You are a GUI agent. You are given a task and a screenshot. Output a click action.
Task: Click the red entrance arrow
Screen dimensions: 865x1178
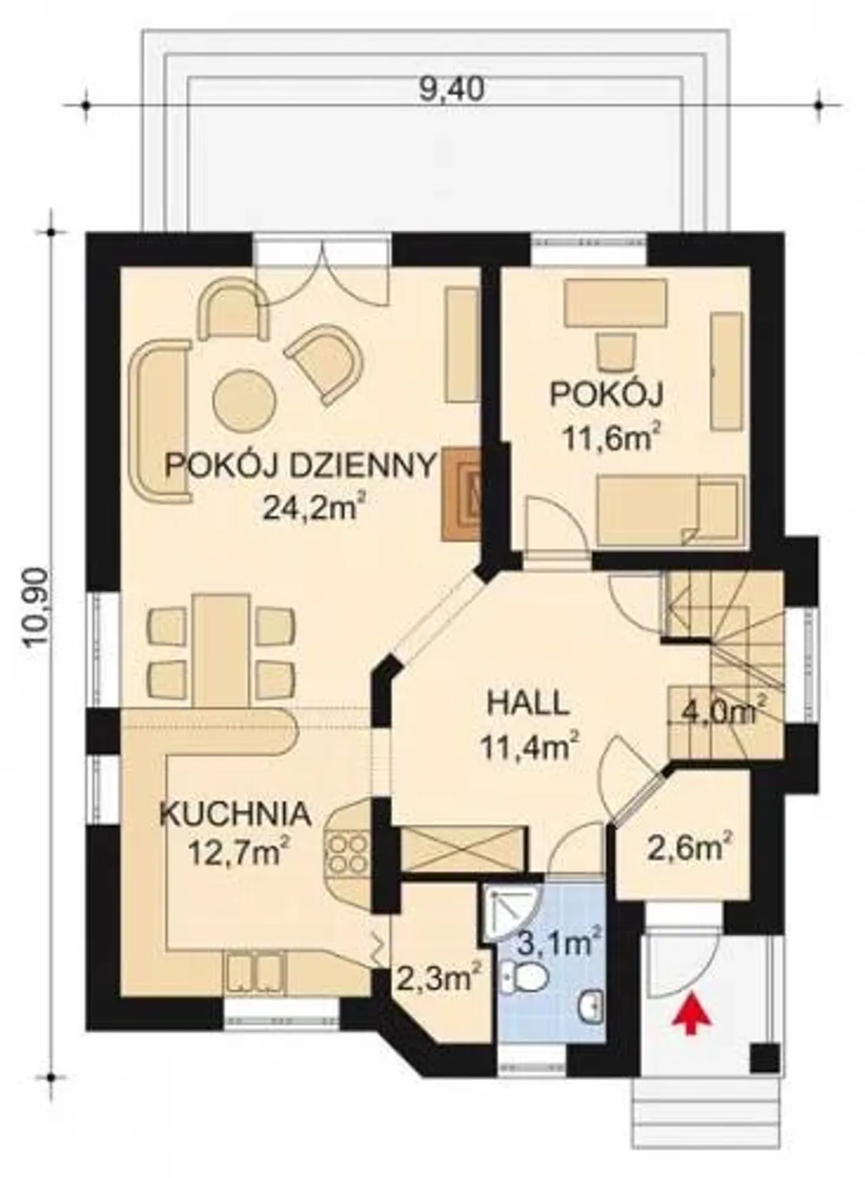pos(690,1013)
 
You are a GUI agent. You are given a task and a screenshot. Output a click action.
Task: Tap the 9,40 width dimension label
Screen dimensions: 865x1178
pos(451,89)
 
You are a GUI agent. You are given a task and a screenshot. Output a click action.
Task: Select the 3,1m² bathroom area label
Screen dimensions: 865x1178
pos(560,941)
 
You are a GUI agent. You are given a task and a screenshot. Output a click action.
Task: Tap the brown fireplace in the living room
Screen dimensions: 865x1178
pos(461,494)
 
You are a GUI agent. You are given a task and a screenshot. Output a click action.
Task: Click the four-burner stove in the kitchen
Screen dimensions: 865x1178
pos(348,854)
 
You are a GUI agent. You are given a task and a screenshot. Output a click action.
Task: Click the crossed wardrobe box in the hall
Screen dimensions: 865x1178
pos(463,848)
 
